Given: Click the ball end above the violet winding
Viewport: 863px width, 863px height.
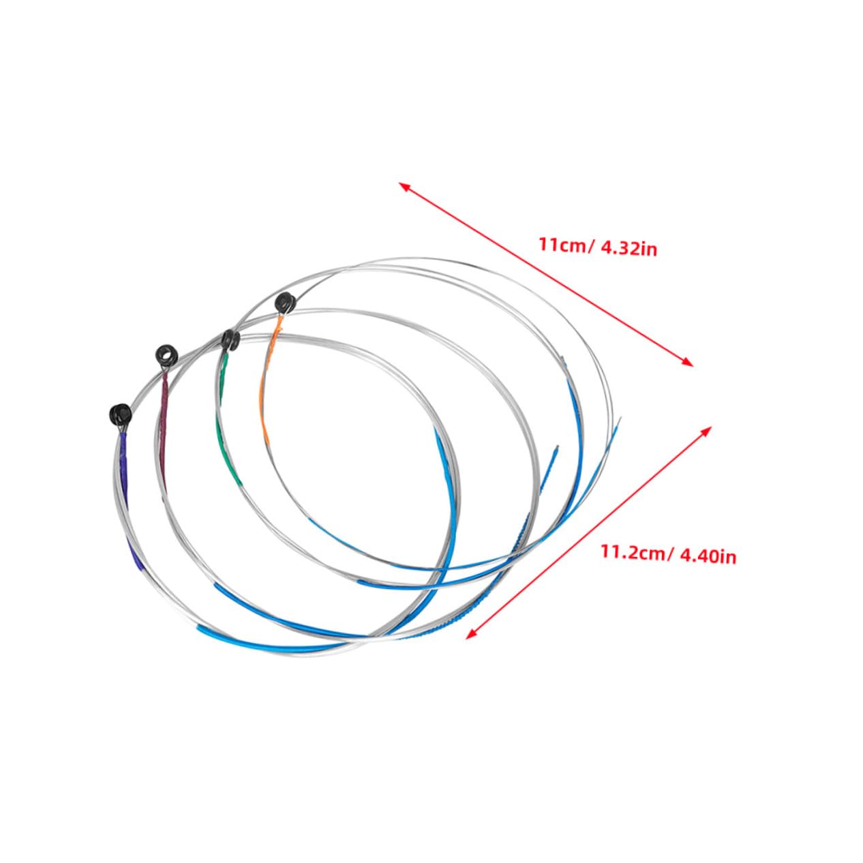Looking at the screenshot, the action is pos(120,413).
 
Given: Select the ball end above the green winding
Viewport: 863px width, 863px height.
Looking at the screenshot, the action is pos(230,339).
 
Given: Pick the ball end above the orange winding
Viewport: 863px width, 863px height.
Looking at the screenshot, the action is pos(284,301).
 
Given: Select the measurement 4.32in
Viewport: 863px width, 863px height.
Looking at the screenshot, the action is pos(629,249).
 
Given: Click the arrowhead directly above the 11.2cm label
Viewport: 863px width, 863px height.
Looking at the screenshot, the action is pos(707,431).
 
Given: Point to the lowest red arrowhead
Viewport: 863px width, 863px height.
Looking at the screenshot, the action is pos(470,635).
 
